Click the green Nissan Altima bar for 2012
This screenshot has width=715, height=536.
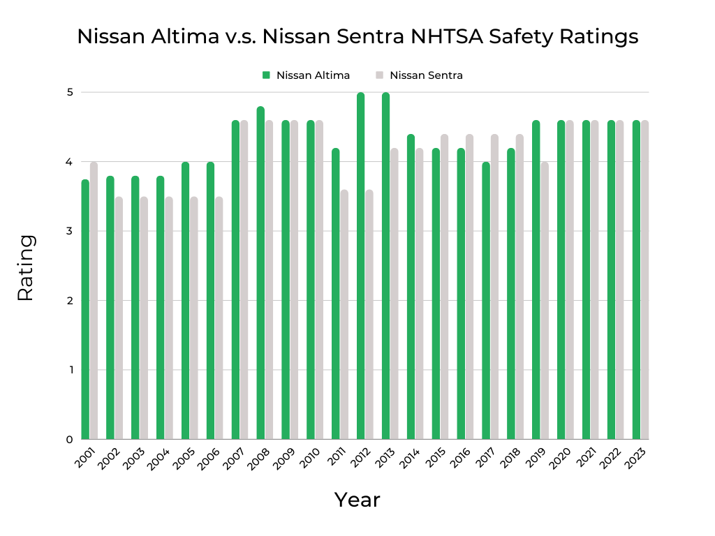360,265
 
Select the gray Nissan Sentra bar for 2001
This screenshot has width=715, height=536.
94,300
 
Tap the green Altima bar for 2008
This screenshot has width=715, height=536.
260,272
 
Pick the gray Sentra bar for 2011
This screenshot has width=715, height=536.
344,314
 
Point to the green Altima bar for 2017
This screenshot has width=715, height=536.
486,300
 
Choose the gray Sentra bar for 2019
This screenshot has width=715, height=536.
545,300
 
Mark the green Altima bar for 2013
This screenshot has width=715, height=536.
385,265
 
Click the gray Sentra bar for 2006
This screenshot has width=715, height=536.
219,318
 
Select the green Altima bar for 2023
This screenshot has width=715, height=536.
636,279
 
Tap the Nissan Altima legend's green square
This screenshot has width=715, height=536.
265,75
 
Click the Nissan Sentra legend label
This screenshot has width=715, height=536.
426,75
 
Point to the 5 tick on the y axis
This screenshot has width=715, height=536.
70,92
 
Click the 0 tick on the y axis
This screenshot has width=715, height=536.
70,440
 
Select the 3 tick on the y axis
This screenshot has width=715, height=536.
70,231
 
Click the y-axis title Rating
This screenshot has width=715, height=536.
25,268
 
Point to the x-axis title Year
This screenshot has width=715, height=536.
357,500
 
